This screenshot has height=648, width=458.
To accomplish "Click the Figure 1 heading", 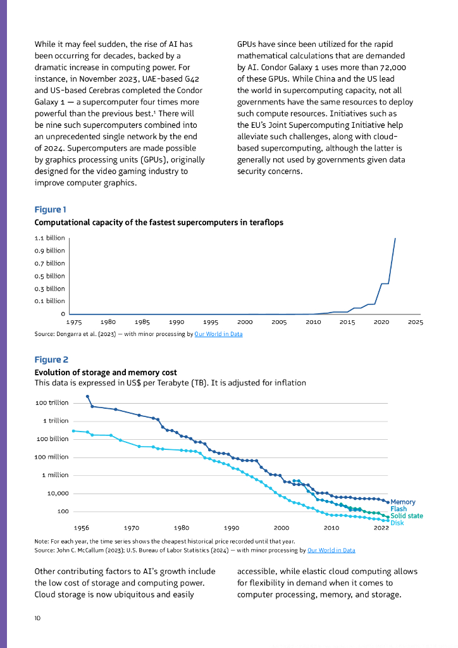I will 50,209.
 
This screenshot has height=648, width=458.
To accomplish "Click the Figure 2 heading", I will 51,359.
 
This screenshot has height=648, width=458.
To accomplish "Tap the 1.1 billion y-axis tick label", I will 49,238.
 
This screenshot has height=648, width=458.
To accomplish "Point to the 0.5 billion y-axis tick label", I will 49,276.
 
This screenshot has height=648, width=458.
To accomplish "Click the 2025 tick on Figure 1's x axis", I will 415,322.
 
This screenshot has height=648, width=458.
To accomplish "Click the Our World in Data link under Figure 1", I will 218,334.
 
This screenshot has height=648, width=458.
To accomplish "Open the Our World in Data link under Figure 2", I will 331,551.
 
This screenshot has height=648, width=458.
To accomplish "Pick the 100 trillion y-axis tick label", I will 52,402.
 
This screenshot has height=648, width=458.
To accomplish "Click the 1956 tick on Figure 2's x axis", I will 81,527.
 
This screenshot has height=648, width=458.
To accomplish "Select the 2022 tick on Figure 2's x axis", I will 381,527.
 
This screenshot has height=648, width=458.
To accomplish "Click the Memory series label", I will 403,502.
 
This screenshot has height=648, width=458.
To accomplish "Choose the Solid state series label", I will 407,516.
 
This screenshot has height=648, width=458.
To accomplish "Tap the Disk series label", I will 397,523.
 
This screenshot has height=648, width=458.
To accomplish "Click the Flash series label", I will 399,509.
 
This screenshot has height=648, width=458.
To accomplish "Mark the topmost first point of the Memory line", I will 87,396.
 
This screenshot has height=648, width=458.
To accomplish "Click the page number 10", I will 38,618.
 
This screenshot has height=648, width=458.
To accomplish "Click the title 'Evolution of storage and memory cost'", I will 106,372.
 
